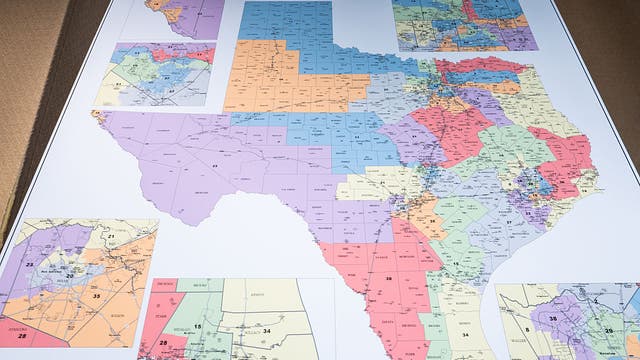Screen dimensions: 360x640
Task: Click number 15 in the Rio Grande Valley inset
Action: tap(197, 326)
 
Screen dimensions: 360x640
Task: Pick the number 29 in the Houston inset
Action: tap(607, 331)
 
